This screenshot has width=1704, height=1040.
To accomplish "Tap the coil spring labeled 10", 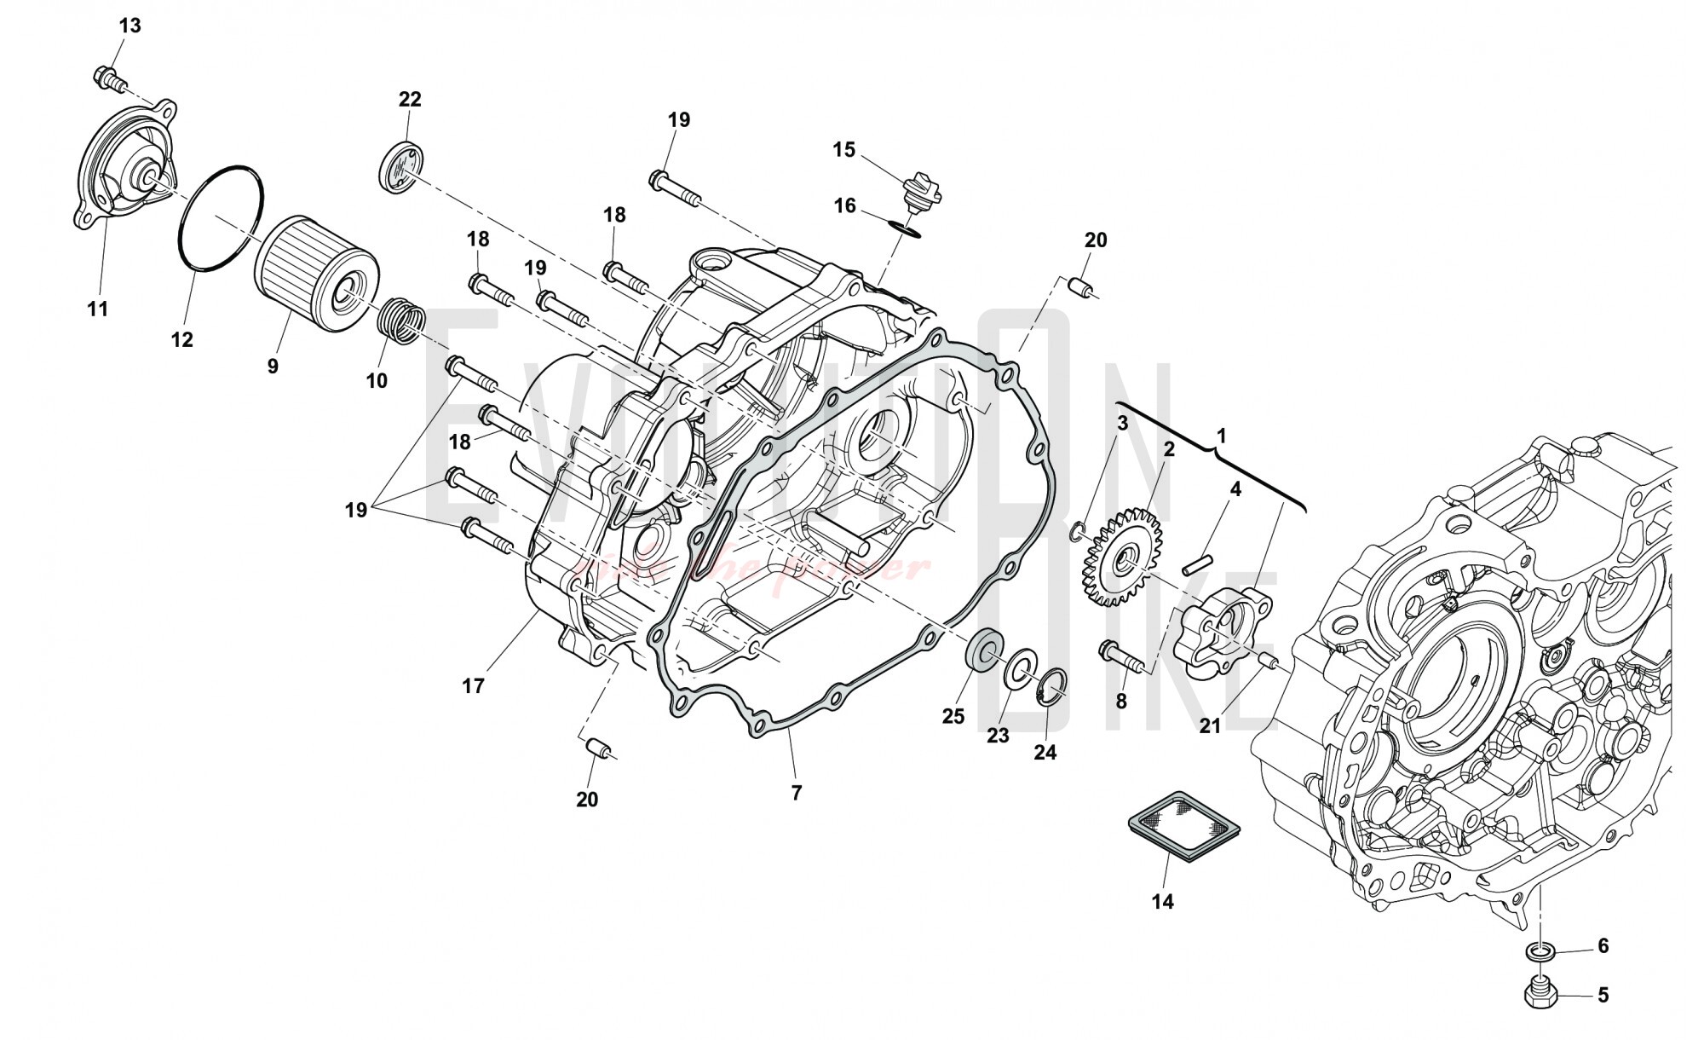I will [401, 321].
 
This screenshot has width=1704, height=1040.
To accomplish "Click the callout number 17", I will [473, 685].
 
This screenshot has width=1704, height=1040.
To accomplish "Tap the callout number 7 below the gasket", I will [796, 793].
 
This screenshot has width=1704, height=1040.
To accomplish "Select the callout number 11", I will [98, 309].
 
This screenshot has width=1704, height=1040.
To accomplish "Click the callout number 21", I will [1210, 725].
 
